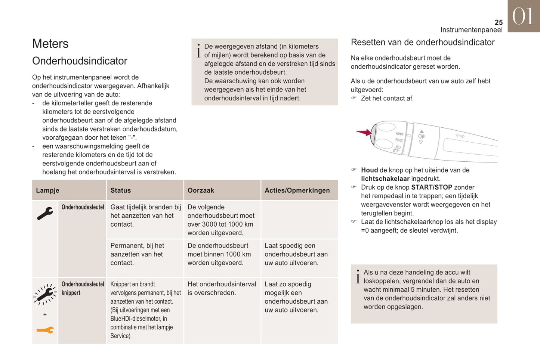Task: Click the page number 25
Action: coord(499,22)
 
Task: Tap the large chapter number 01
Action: coord(523,16)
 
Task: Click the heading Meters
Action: coord(50,44)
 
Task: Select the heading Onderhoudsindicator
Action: coord(80,61)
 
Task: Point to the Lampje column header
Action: coord(47,190)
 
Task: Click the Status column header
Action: coord(120,190)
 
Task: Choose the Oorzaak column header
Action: coord(201,190)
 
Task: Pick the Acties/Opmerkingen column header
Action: coord(297,190)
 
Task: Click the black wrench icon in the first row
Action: coord(45,214)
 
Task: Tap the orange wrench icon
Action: coord(45,330)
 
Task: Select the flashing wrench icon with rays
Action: coord(45,294)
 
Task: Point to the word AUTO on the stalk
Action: coord(399,134)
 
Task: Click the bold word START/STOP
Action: coord(432,187)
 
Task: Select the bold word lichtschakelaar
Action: coord(385,179)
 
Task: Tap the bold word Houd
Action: coord(369,170)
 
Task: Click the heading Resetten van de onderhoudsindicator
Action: coord(422,43)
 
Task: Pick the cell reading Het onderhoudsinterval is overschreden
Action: coord(222,289)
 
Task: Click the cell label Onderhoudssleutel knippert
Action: coord(83,288)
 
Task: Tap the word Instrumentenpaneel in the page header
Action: coord(471,30)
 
